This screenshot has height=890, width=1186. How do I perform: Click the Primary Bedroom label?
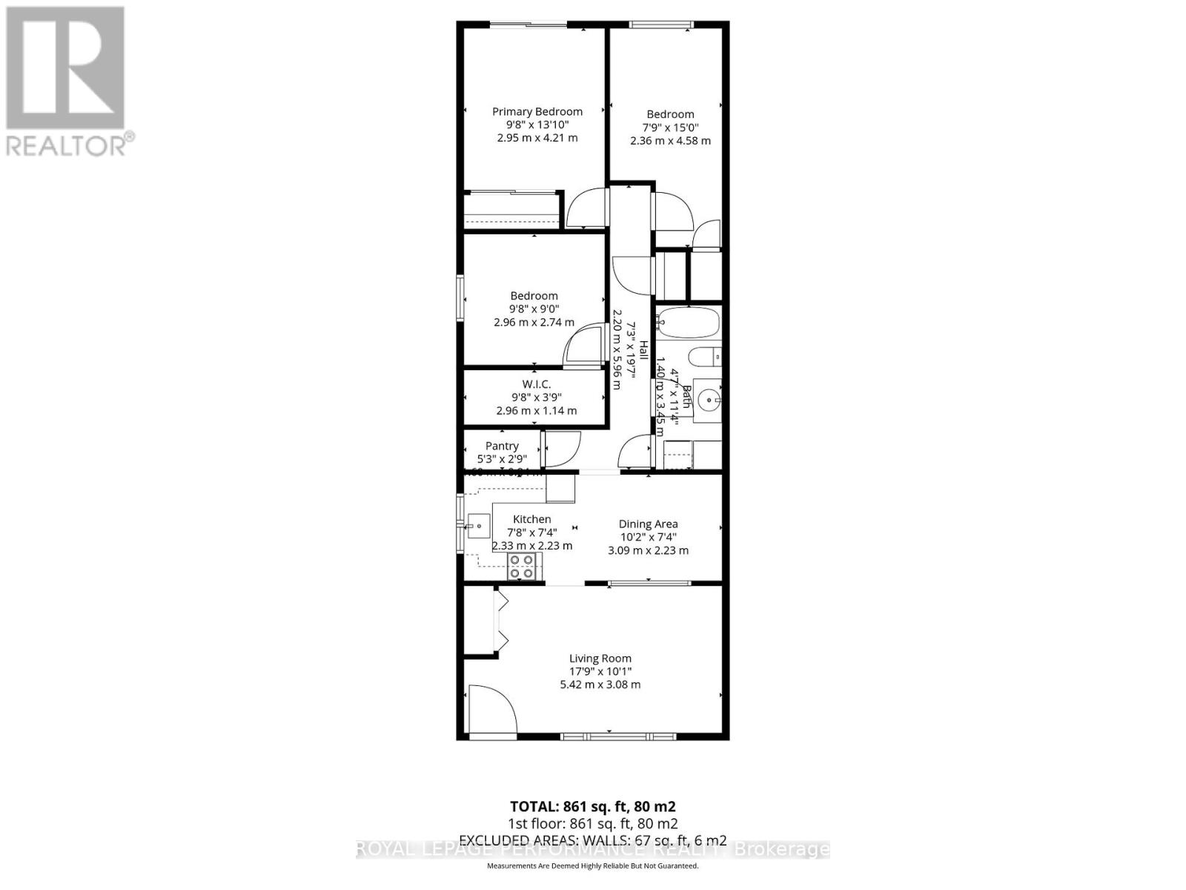click(537, 111)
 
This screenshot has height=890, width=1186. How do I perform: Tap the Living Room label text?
click(600, 658)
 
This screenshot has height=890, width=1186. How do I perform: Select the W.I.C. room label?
click(536, 383)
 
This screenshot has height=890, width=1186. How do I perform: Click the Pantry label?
click(502, 446)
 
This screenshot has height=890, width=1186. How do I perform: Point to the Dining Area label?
click(648, 524)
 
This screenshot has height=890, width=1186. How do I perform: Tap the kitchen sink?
click(478, 527)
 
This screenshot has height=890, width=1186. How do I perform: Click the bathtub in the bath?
click(688, 323)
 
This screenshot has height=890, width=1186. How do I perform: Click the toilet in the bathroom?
click(704, 357)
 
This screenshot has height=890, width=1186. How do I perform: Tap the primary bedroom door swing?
click(586, 207)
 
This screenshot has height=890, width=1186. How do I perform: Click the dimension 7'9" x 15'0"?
click(670, 127)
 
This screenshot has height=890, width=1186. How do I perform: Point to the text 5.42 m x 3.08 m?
click(600, 685)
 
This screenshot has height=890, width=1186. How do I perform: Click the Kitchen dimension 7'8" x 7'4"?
click(531, 532)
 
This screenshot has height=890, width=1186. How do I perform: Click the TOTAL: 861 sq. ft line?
click(592, 806)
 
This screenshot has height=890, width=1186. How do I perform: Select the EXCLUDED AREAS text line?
click(592, 840)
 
